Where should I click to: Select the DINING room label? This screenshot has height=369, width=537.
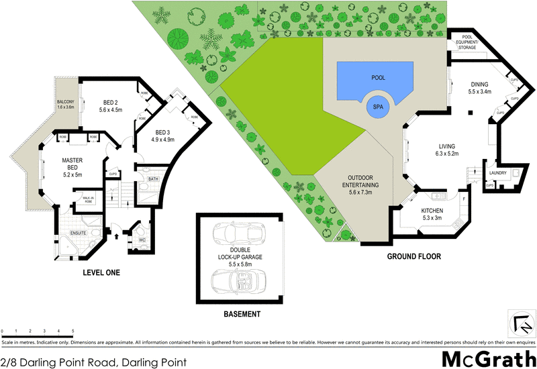point(479,84)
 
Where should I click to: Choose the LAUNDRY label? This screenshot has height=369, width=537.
point(497,172)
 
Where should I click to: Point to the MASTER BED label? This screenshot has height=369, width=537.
point(72,164)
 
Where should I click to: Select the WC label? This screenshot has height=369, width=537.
point(142,240)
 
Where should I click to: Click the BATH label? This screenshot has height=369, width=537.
point(152,179)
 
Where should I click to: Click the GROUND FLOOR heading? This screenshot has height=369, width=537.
point(414,256)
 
